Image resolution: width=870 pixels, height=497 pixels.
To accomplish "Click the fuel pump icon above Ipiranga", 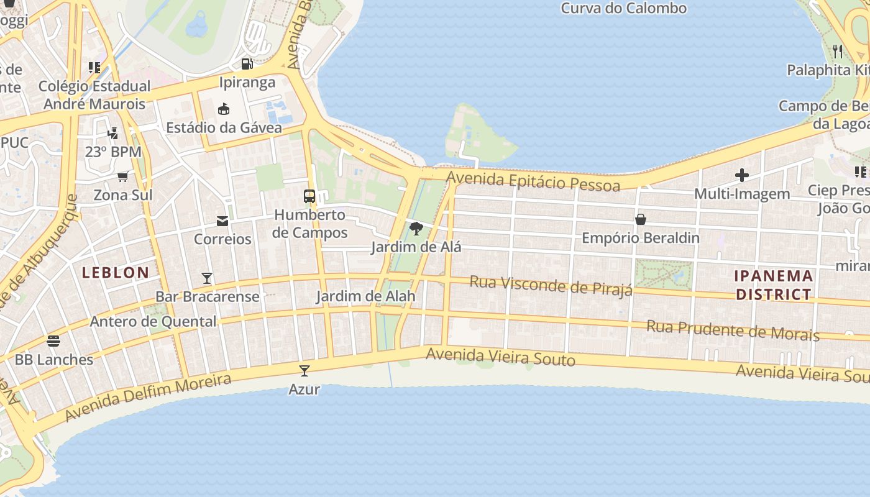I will [247, 63].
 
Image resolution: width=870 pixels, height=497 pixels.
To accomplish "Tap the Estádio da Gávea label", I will [224, 128].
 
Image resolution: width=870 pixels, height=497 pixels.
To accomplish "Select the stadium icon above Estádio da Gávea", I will [224, 109].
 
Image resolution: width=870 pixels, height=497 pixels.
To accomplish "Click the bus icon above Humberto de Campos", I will [309, 196].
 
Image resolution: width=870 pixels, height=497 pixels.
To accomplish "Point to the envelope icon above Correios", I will [222, 221].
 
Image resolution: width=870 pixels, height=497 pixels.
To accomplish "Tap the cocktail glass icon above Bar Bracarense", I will [207, 278].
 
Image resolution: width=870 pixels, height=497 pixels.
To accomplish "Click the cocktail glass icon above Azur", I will [304, 371].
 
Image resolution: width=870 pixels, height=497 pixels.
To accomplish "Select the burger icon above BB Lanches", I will [53, 340].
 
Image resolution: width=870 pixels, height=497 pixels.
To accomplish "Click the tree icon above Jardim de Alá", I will [416, 229].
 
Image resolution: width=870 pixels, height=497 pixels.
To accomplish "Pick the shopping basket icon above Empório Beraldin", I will [641, 219].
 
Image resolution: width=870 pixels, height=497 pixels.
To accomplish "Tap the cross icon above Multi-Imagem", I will [741, 175].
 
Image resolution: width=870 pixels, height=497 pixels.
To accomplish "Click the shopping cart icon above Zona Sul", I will [123, 176].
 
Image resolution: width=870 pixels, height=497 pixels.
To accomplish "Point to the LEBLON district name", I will [116, 272].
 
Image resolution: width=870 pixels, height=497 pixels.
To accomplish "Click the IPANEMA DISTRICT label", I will [774, 285].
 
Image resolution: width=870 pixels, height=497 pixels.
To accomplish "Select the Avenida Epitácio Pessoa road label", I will [533, 182].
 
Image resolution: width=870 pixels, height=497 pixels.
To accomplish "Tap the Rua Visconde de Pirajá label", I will [551, 286].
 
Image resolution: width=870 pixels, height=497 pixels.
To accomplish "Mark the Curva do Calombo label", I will [623, 8].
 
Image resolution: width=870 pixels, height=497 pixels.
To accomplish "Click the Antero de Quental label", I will [153, 321].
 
